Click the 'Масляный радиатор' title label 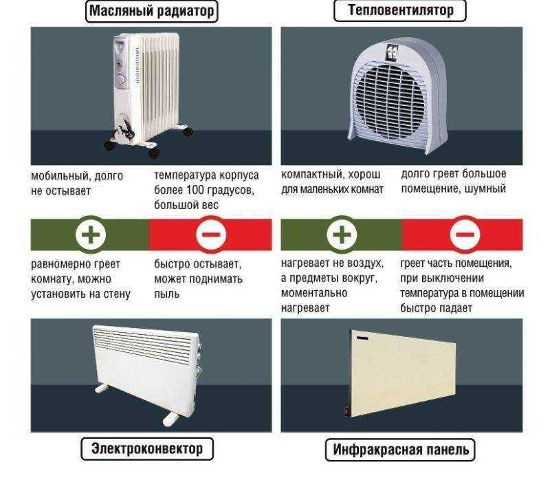[x=151, y=11]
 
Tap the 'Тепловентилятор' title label [x=400, y=10]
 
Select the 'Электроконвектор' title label [x=147, y=449]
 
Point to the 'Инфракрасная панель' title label [x=400, y=450]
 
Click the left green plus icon [x=91, y=234]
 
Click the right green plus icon [x=342, y=234]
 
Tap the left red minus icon [x=211, y=234]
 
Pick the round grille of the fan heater [x=389, y=100]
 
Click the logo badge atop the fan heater [x=390, y=52]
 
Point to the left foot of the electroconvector [x=102, y=388]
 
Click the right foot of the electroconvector [x=172, y=418]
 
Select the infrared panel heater [x=400, y=373]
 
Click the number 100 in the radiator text [x=197, y=190]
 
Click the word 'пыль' [x=166, y=294]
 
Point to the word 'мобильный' [x=59, y=176]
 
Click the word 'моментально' [x=314, y=293]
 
